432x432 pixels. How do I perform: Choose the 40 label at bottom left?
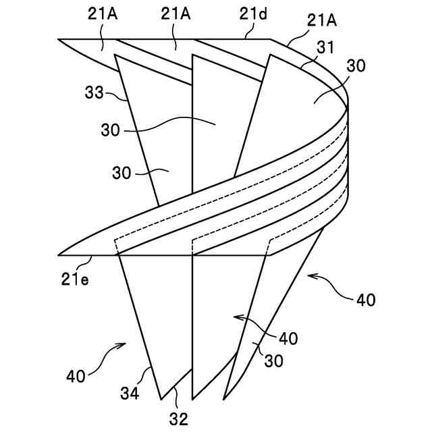(x=76, y=376)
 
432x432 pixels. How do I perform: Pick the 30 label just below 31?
(x=356, y=66)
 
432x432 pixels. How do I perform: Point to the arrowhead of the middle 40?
(x=234, y=315)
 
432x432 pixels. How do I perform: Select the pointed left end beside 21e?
(x=59, y=255)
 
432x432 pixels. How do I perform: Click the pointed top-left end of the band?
(x=59, y=39)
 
